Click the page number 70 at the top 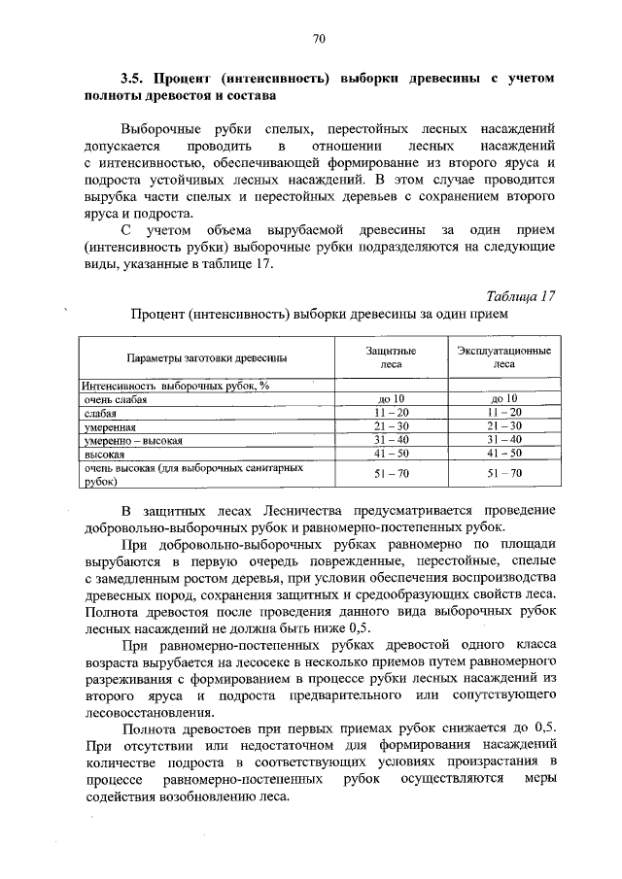(318, 38)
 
